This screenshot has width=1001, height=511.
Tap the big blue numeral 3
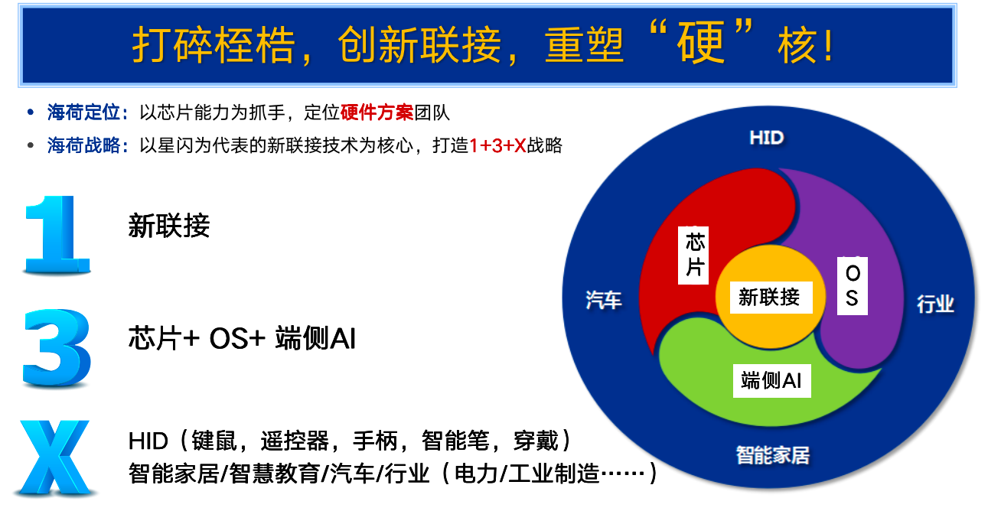(57, 348)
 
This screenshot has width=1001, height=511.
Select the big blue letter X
(55, 458)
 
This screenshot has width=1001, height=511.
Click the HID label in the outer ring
(766, 138)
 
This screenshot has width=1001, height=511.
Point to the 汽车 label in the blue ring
(604, 300)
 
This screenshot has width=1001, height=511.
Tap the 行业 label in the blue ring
(935, 304)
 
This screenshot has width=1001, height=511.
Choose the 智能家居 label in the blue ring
(773, 456)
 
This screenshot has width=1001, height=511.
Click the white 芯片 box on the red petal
(693, 255)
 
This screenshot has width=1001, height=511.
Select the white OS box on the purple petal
(853, 286)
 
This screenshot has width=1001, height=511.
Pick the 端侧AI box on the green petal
(771, 381)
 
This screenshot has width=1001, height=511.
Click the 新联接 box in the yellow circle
(771, 298)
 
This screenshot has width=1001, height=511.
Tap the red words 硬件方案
(377, 112)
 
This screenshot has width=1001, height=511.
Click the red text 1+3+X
(497, 145)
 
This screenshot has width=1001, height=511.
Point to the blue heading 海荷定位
(83, 112)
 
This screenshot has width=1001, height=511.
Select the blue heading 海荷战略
(83, 145)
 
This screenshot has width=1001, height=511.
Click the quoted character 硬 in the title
(700, 42)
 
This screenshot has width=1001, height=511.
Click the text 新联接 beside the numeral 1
(169, 226)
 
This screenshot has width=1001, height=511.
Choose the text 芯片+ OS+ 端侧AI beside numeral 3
(242, 338)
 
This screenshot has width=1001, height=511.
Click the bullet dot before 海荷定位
(31, 112)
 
